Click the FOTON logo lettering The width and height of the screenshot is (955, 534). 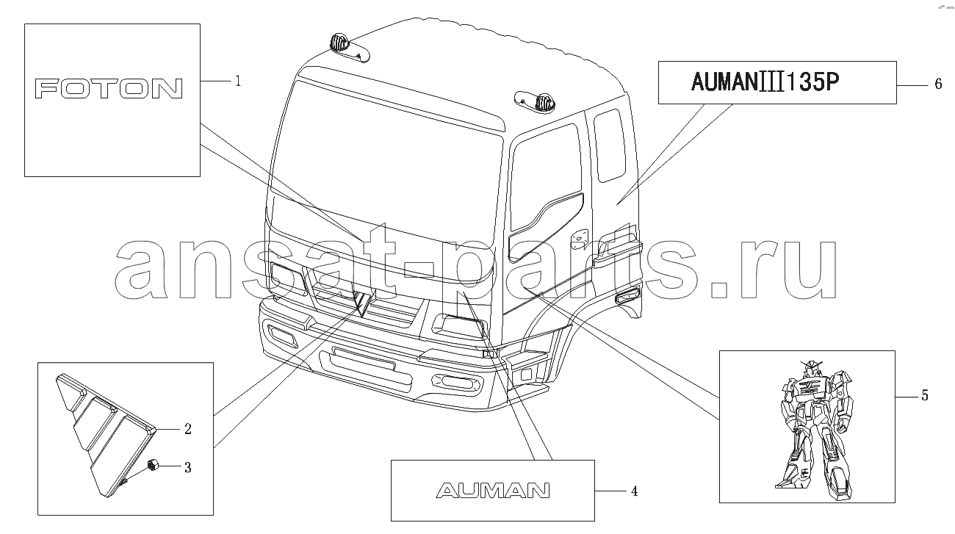pyautogui.click(x=109, y=89)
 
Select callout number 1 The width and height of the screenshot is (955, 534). pyautogui.click(x=238, y=81)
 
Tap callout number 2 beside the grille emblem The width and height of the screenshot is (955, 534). pyautogui.click(x=188, y=429)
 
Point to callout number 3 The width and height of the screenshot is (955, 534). pyautogui.click(x=188, y=467)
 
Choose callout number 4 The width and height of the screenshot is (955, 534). pyautogui.click(x=635, y=491)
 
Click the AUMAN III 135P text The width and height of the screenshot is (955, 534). pyautogui.click(x=765, y=82)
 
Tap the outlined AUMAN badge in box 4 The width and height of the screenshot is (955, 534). pyautogui.click(x=492, y=491)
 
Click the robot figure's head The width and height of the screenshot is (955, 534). pyautogui.click(x=809, y=368)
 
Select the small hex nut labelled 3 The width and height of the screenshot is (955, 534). pyautogui.click(x=153, y=465)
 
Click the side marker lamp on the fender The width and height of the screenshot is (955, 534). pyautogui.click(x=627, y=295)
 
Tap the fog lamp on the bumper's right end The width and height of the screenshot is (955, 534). pyautogui.click(x=455, y=382)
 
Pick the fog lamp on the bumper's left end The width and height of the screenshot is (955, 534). pyautogui.click(x=283, y=336)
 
